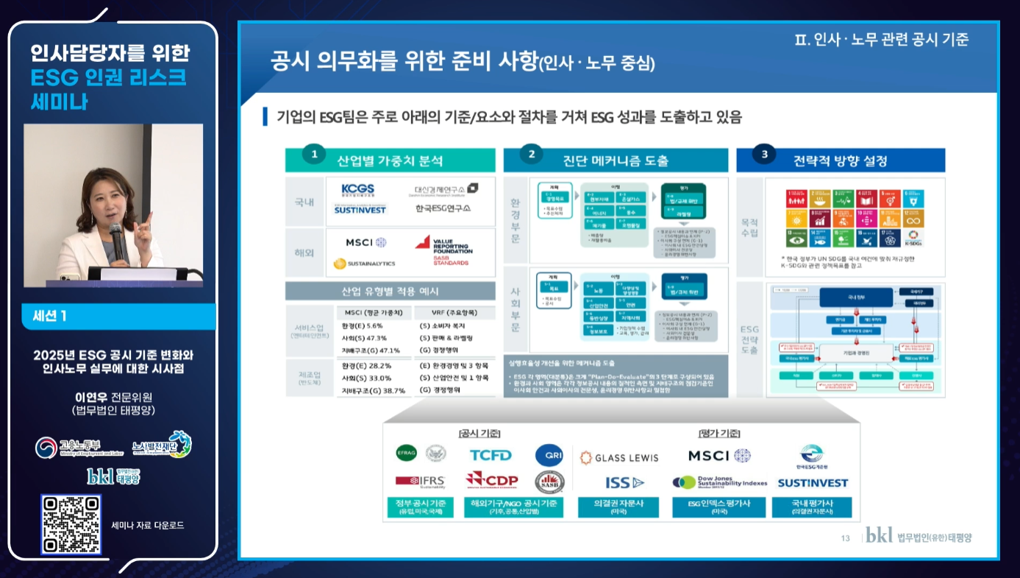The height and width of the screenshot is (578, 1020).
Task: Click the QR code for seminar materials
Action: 71,524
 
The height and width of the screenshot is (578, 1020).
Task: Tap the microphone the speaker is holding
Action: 115,234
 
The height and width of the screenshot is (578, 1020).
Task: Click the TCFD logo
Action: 491,455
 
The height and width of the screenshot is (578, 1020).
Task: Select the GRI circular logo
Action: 549,455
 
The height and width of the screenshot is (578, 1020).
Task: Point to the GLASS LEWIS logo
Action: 619,457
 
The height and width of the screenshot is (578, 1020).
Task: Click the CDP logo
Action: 491,481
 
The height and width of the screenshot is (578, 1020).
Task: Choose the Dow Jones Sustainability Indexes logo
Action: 719,482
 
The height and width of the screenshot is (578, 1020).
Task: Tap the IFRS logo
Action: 420,481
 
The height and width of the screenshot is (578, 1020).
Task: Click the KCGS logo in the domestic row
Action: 357,190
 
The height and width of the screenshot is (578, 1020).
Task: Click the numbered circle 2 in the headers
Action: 531,154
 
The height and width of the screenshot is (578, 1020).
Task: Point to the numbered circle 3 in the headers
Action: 764,154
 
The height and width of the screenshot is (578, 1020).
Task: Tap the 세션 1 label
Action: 49,316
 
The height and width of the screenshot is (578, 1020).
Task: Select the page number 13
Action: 845,538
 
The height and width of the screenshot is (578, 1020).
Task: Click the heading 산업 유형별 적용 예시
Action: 390,291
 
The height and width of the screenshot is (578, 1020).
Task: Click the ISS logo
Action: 624,483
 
